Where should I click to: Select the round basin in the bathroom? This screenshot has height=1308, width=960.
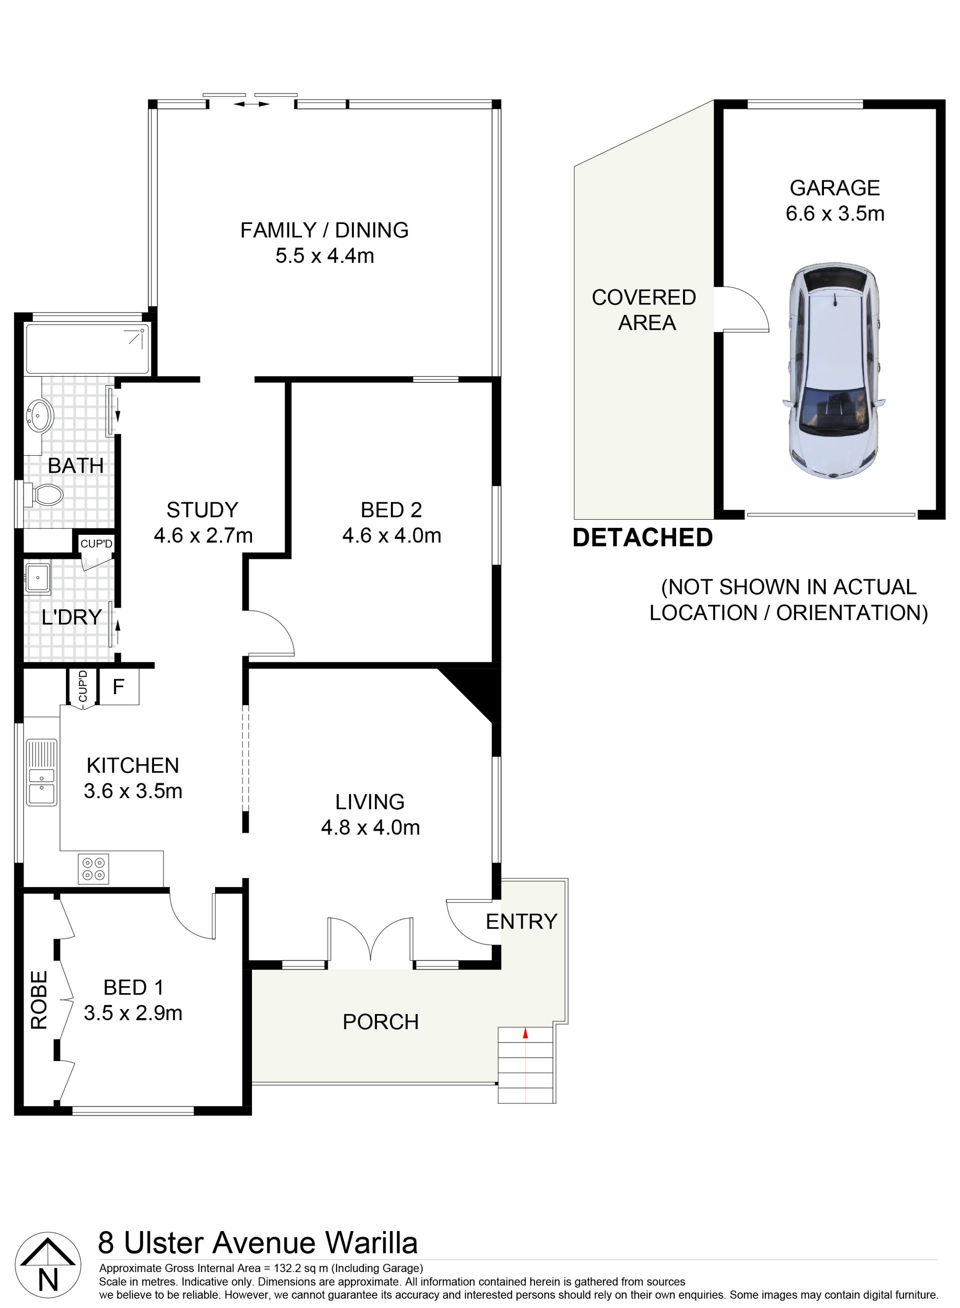pyautogui.click(x=39, y=415)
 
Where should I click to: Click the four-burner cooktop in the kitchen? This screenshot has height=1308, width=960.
pyautogui.click(x=93, y=869)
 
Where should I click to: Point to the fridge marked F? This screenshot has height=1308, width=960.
pyautogui.click(x=119, y=687)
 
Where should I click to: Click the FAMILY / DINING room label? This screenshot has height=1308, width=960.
pyautogui.click(x=324, y=230)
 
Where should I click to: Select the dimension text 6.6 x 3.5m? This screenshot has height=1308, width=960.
pyautogui.click(x=835, y=214)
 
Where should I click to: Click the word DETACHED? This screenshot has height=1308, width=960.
pyautogui.click(x=642, y=538)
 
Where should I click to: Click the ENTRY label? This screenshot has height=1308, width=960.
pyautogui.click(x=521, y=921)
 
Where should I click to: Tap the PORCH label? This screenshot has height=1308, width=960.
pyautogui.click(x=380, y=1022)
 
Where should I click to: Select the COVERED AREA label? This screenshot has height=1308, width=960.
pyautogui.click(x=644, y=309)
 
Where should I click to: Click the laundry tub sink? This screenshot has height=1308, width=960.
pyautogui.click(x=38, y=577)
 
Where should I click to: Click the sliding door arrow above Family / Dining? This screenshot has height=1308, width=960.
pyautogui.click(x=251, y=104)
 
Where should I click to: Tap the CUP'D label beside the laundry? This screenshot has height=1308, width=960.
pyautogui.click(x=96, y=544)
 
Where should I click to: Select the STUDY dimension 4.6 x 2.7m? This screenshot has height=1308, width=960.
pyautogui.click(x=203, y=535)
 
